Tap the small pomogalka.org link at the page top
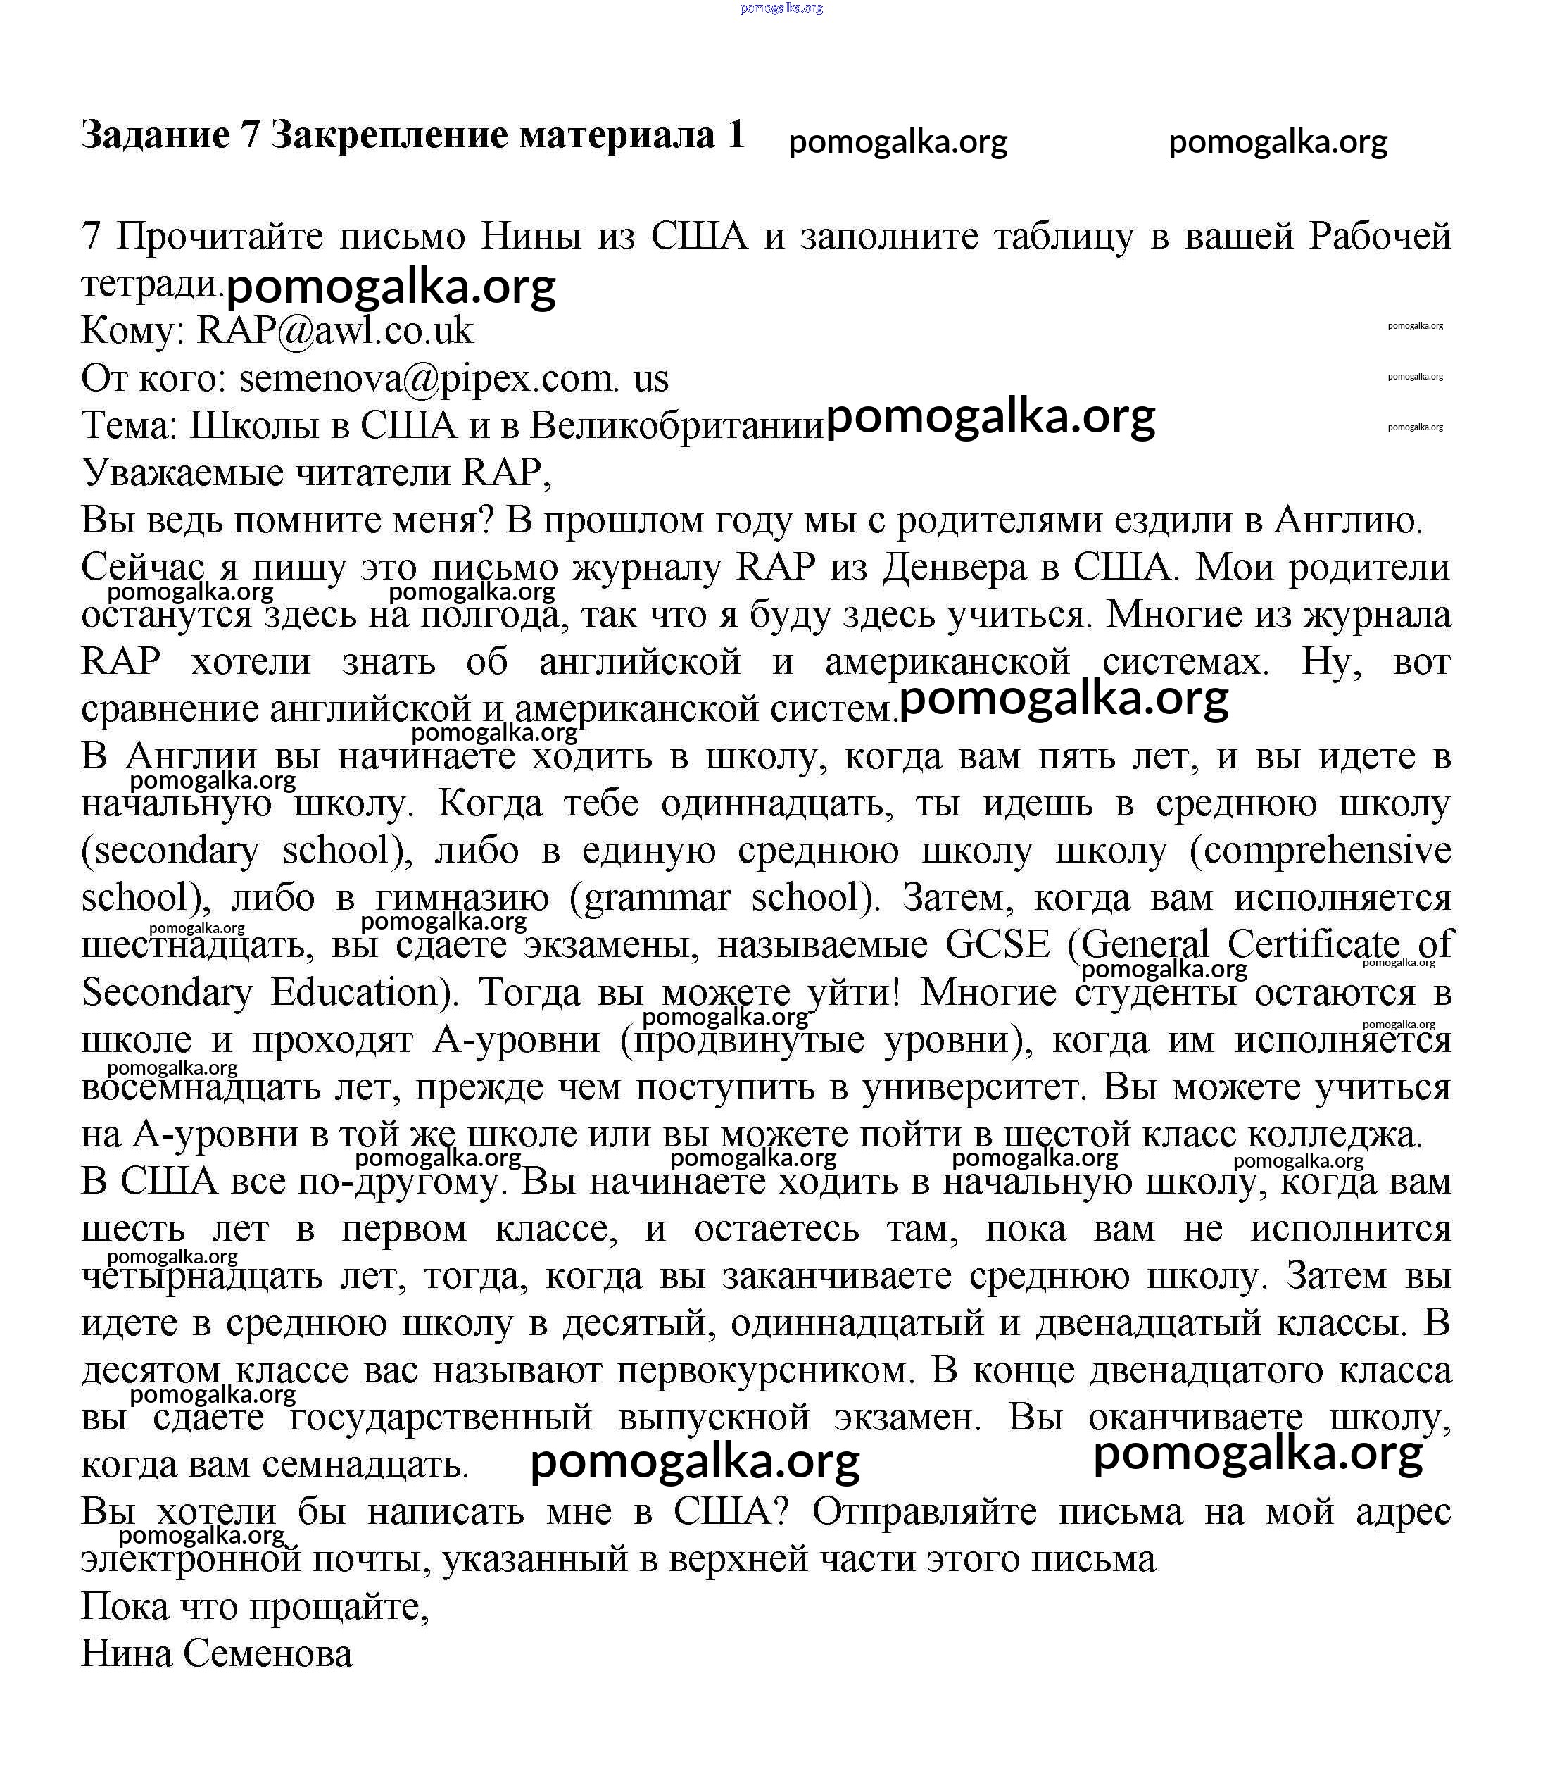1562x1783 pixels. click(781, 8)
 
